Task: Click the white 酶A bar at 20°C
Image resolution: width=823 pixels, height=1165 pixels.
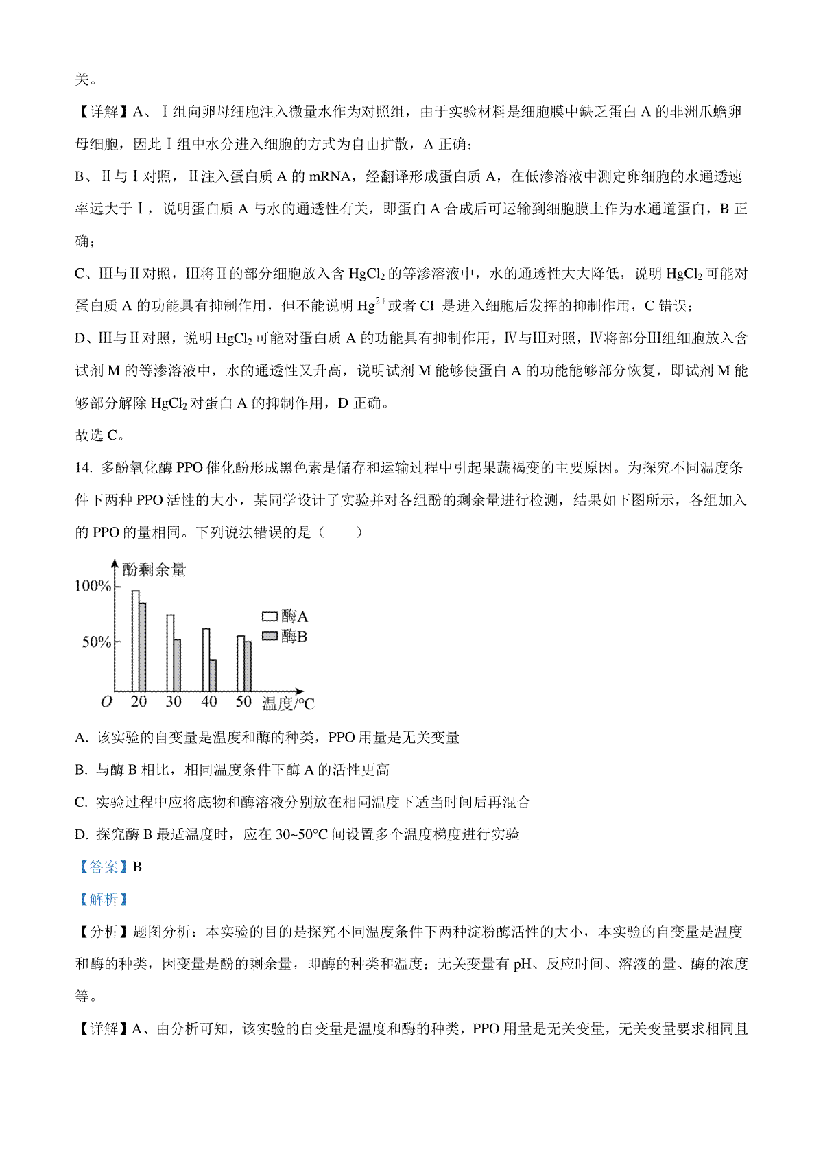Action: [x=136, y=640]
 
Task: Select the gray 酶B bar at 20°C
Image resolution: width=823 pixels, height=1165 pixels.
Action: [x=143, y=647]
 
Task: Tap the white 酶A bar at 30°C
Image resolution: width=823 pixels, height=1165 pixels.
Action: [x=171, y=652]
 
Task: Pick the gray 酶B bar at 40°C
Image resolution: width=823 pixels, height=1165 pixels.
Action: [x=213, y=675]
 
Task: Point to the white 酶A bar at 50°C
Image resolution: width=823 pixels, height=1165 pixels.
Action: [x=241, y=663]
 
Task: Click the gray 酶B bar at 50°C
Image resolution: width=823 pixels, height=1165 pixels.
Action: [x=248, y=666]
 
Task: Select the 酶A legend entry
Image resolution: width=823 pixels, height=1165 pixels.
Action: [x=285, y=616]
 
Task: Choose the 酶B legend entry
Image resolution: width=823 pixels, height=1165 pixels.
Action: [x=285, y=636]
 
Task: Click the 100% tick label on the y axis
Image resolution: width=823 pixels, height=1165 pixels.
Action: [x=93, y=586]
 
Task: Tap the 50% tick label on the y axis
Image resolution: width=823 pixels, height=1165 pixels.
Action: [x=96, y=642]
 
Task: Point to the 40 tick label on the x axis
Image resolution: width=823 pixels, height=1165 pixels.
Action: [x=208, y=701]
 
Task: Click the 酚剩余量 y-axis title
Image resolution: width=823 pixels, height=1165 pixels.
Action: [x=154, y=569]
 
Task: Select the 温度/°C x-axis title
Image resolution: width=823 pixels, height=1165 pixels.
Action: [x=288, y=703]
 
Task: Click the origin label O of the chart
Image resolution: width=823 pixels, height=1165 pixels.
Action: [x=106, y=701]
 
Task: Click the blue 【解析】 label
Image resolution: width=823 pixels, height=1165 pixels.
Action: [x=102, y=899]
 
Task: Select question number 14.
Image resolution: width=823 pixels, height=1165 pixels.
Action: [x=83, y=468]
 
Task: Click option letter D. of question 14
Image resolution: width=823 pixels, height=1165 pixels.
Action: [x=82, y=834]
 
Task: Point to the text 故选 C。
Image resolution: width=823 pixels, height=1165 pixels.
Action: [x=100, y=435]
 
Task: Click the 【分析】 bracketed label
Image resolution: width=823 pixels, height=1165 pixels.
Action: [x=102, y=931]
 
